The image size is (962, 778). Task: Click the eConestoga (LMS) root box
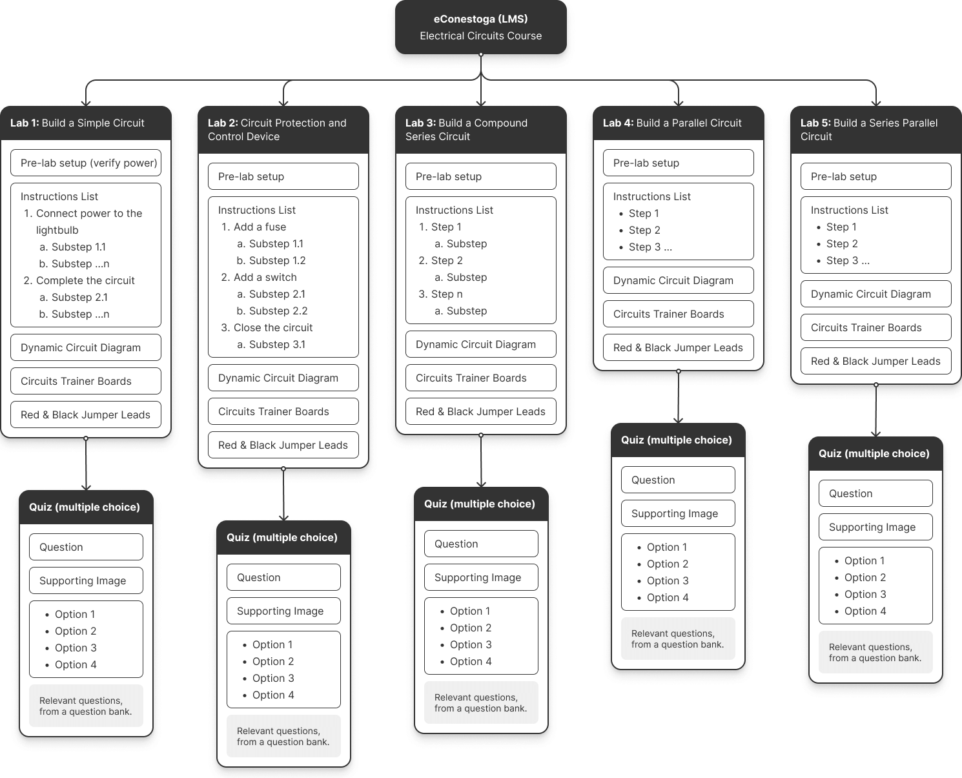480,27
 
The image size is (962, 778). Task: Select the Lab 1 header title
77,123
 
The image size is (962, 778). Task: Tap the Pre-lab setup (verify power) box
86,163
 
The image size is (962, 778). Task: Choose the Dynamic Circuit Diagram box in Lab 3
480,344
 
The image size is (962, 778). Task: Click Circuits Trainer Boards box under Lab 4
679,314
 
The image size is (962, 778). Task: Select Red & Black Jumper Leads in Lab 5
875,361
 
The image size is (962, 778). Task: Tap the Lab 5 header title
869,130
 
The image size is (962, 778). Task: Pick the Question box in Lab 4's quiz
678,480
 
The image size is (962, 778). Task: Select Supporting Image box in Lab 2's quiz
283,611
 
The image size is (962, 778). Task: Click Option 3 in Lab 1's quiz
76,648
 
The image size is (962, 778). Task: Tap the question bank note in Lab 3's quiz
481,702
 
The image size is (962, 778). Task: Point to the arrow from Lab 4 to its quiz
679,397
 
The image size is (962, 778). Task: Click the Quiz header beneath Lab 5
875,453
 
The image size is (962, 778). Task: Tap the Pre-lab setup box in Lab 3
480,176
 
